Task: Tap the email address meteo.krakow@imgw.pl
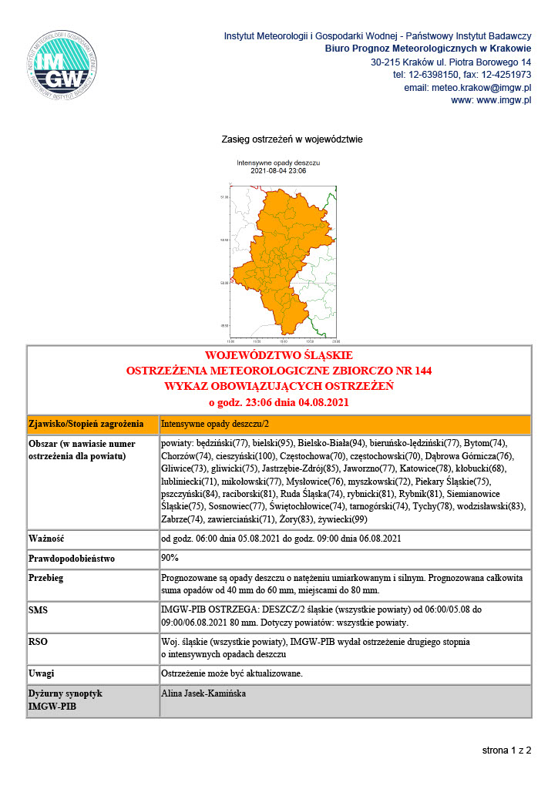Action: (x=489, y=88)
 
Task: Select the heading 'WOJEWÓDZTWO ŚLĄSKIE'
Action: (x=278, y=356)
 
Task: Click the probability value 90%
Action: (x=170, y=557)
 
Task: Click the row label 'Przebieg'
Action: (x=45, y=577)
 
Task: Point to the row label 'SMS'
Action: (x=39, y=609)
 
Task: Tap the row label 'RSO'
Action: (x=38, y=641)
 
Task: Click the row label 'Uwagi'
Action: (x=42, y=673)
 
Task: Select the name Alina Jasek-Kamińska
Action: (x=203, y=693)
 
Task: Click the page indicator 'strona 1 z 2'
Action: (x=506, y=750)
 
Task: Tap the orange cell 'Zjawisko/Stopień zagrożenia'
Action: (x=86, y=424)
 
